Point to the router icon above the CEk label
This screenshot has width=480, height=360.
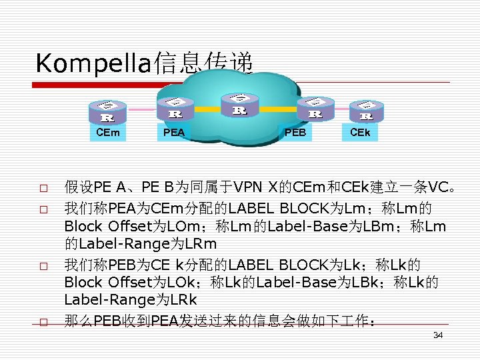pos(366,111)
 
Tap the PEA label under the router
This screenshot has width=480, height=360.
pos(174,133)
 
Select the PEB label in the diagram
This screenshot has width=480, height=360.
pos(295,133)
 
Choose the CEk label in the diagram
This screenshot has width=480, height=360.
pos(364,133)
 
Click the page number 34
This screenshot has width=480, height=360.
pos(438,335)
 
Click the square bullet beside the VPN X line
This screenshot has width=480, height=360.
pos(42,187)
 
